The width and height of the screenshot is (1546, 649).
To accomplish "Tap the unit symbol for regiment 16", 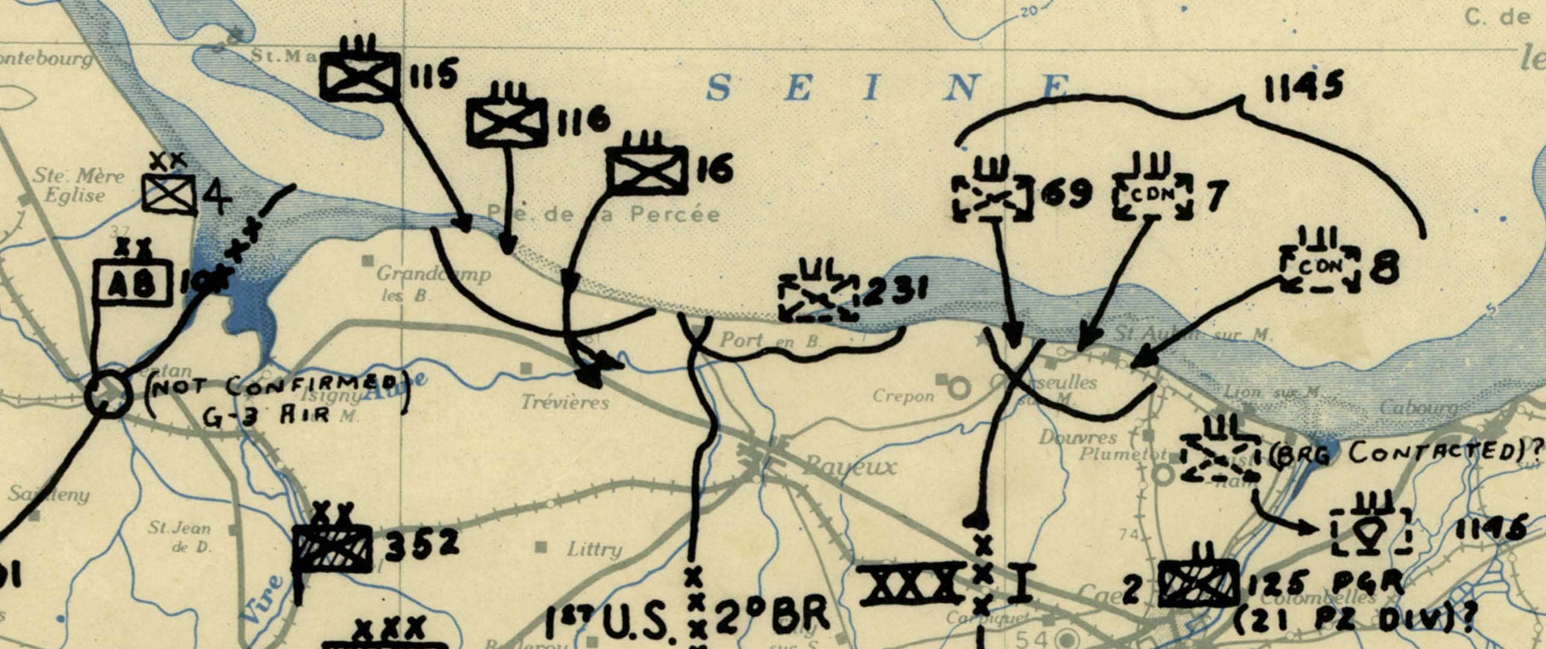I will coord(647,170).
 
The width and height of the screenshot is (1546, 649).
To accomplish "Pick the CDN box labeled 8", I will coord(1319,269).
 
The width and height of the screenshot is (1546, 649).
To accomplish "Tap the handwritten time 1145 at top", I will coord(1302,88).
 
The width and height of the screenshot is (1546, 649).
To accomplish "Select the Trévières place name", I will coord(565,402).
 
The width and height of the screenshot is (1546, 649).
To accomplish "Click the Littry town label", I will coord(594,549).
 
